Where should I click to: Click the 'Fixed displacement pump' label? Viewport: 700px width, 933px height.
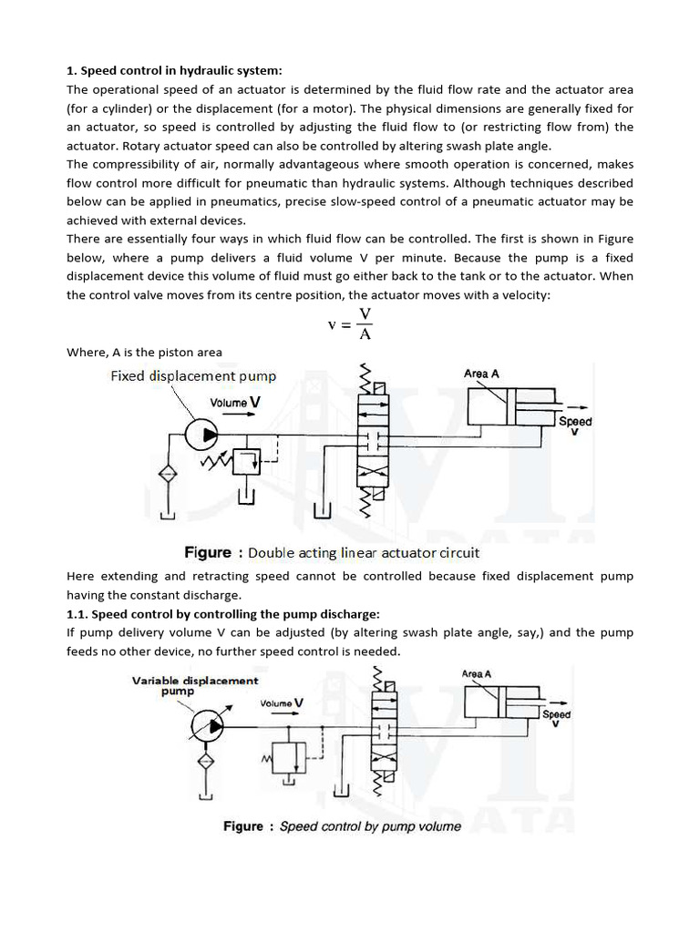192,375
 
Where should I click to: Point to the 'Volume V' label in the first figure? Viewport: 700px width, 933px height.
236,402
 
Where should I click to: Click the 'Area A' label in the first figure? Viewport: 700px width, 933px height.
480,374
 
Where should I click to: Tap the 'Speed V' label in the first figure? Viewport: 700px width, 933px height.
574,425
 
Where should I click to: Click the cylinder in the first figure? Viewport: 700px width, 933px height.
510,406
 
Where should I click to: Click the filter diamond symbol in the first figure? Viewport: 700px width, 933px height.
166,474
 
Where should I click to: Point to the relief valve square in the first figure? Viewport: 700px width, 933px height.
246,462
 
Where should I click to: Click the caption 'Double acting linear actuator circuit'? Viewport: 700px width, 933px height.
364,552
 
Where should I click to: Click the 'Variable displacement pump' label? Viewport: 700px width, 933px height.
195,685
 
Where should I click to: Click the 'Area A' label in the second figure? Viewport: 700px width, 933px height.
477,673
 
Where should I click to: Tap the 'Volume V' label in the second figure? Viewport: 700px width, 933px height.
282,703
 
